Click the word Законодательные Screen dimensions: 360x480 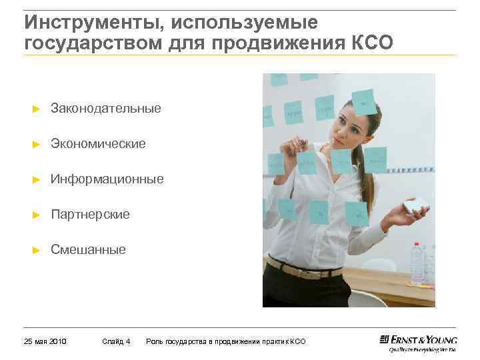coord(106,108)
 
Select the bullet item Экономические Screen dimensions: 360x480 coord(98,143)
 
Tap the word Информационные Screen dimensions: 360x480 coord(107,179)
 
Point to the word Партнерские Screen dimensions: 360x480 coord(90,215)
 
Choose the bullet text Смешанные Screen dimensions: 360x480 coord(88,250)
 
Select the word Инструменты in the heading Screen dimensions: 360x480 coord(93,22)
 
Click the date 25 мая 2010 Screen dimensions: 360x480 coord(45,341)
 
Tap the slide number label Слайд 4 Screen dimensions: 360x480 coord(117,341)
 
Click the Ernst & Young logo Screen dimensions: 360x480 coord(418,341)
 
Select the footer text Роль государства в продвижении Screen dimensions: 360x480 coord(213,341)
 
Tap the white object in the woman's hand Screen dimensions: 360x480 coord(417,206)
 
